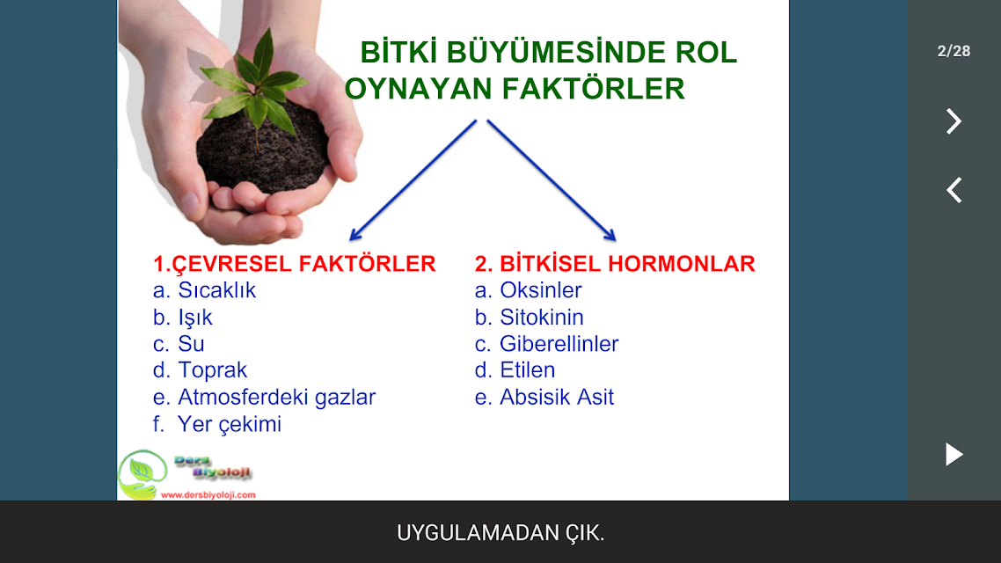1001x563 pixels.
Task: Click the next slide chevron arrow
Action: pos(954,121)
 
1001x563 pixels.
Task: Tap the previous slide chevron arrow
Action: pos(954,190)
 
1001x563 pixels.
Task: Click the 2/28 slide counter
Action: pos(954,51)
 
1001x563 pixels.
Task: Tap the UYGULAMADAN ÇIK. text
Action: pos(500,532)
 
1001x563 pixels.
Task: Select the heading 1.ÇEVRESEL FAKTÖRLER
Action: pos(295,264)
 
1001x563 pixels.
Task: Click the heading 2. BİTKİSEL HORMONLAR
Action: pos(615,264)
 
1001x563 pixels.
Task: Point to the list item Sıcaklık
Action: pos(216,290)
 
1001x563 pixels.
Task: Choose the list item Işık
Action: pos(194,318)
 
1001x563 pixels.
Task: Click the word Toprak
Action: pos(212,371)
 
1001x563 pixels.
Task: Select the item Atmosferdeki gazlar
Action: pos(276,397)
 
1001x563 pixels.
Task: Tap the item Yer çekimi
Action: pos(230,424)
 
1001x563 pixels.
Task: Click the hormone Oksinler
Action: pos(541,290)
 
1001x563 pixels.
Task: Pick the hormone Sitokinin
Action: pos(541,318)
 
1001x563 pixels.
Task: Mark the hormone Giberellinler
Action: pos(559,344)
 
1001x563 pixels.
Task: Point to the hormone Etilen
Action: pos(527,370)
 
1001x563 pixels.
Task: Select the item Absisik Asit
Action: pos(557,397)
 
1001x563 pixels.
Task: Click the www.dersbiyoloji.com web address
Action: pos(208,494)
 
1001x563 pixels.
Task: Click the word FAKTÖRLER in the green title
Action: pos(593,89)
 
